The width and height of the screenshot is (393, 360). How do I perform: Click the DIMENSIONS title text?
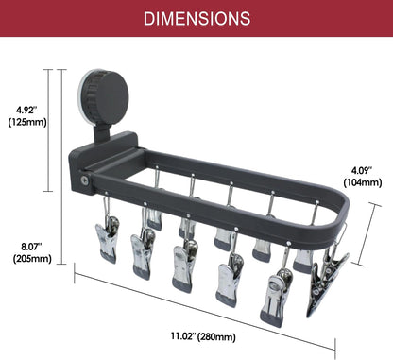click(197, 19)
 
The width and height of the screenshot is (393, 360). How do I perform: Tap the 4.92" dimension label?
click(27, 110)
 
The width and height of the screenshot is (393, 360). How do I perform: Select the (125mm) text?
click(27, 122)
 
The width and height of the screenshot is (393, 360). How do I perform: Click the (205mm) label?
click(32, 259)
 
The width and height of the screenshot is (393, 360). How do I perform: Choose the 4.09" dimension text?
click(362, 170)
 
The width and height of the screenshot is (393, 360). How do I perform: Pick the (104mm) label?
click(363, 182)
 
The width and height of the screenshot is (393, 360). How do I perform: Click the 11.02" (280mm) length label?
click(203, 336)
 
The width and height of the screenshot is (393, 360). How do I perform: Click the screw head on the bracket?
click(84, 180)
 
